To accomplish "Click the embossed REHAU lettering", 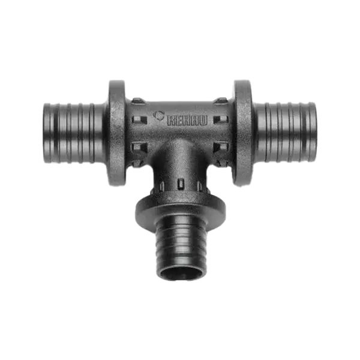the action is [x=187, y=121].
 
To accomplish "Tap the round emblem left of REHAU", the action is [x=160, y=115].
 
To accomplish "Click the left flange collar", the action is [x=117, y=133].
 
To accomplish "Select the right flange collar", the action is [x=243, y=133].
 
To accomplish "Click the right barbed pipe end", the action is [x=286, y=132].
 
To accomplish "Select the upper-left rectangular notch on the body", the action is [x=139, y=119].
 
